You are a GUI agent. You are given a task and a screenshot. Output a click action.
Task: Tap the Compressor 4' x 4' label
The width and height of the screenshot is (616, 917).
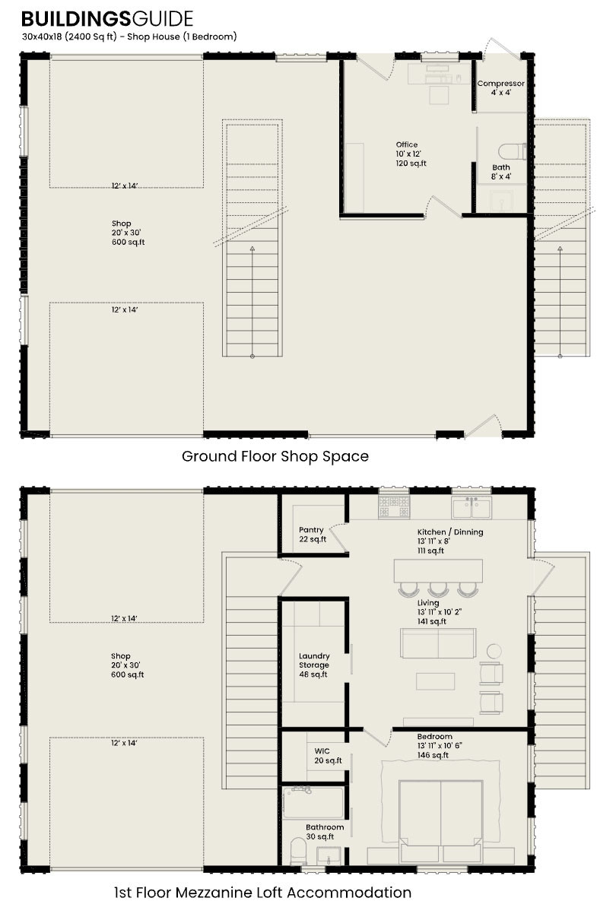500,87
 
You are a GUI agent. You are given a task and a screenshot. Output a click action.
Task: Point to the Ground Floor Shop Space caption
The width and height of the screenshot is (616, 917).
275,456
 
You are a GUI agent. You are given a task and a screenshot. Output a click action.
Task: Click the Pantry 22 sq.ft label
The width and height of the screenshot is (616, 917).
312,535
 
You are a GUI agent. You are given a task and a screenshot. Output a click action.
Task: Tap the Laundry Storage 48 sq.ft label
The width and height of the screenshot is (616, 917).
313,665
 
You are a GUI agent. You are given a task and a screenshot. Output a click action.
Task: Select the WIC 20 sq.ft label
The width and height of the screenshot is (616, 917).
328,755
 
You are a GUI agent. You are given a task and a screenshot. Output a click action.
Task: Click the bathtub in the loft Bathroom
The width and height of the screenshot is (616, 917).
313,803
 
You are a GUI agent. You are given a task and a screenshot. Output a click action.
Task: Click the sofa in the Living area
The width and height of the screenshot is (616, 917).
439,643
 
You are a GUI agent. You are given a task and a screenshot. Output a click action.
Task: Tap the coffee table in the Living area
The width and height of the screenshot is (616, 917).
435,681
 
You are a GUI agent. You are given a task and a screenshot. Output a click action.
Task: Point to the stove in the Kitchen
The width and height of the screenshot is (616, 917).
394,503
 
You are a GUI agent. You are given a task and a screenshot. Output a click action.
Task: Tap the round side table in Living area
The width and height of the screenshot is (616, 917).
495,651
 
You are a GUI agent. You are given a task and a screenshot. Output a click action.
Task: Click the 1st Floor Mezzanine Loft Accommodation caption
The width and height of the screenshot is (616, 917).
262,892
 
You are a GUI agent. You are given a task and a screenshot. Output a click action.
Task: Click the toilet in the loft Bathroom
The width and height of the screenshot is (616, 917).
297,850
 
